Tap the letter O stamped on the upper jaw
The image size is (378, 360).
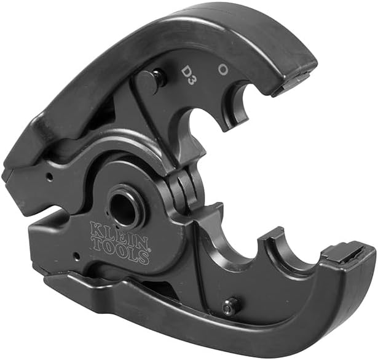point(223,68)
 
